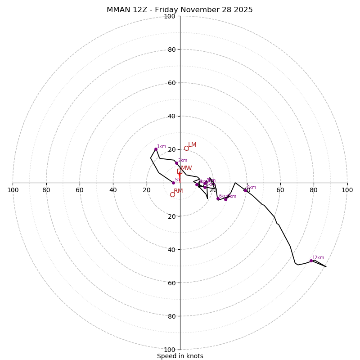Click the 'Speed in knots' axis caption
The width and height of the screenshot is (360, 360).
(x=180, y=356)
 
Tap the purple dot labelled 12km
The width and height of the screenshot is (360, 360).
(x=311, y=261)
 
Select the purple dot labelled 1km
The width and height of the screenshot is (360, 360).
(x=156, y=149)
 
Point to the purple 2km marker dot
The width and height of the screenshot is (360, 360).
(x=176, y=163)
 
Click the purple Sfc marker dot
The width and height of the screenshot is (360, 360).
(x=173, y=183)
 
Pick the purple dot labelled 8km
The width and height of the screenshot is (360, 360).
(x=245, y=190)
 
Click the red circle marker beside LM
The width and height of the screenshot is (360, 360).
(x=186, y=148)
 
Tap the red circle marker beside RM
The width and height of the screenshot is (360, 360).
(x=172, y=194)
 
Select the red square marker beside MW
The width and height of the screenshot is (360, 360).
(x=179, y=171)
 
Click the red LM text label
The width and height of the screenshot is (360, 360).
(x=192, y=145)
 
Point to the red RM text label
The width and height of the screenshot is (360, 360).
(x=178, y=191)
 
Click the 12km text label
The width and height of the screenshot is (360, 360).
(x=318, y=258)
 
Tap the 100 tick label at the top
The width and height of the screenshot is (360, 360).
(x=170, y=17)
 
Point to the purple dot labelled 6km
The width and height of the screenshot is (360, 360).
(x=218, y=198)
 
